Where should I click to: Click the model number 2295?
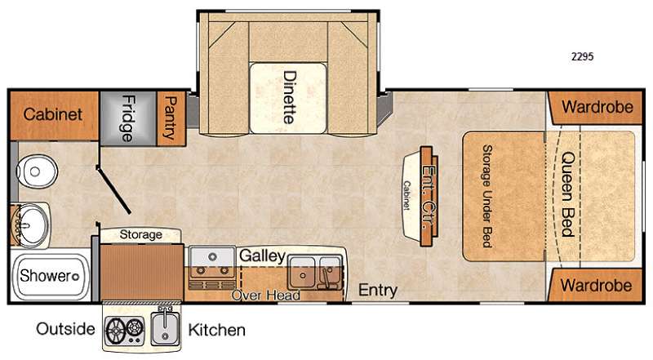pos(582,56)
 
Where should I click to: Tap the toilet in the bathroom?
pos(36,171)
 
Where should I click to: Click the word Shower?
pos(46,275)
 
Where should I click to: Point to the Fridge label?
pos(128,118)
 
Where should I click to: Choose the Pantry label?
pos(171,118)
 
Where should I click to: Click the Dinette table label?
pos(290,97)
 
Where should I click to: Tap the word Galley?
pos(262,256)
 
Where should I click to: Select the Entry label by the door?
pos(378,290)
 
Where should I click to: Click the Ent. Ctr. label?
pos(429,197)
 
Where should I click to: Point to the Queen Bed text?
pos(568,194)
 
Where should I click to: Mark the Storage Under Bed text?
pos(486,196)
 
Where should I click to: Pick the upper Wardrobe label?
pos(597,107)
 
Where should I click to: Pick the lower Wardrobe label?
pos(596,286)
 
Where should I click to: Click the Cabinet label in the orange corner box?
pos(52,114)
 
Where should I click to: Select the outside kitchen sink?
pos(166,327)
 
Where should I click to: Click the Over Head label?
pos(266,295)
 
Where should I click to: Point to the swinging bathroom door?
pos(113,189)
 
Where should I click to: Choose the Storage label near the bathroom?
pos(140,234)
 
